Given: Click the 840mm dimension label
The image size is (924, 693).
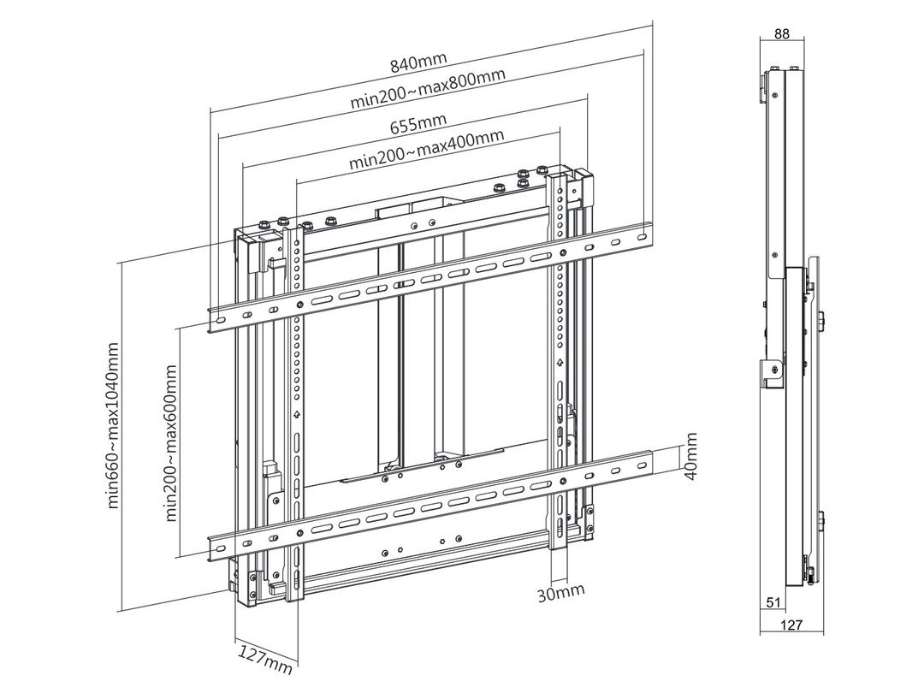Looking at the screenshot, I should coord(418,65).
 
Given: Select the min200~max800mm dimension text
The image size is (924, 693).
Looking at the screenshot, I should coord(428,89).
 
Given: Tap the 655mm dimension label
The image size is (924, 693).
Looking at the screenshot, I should coord(418,125).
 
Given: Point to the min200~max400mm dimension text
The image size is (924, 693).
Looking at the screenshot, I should coord(427,149).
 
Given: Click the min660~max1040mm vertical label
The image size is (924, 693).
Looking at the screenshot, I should coord(114,425).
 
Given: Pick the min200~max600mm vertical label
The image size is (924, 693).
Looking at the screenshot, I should coord(171,442).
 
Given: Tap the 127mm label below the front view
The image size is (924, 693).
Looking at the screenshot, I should coord(265,656).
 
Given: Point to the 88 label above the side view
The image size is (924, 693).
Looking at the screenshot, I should coord(781,34).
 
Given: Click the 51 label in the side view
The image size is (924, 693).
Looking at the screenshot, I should coord(773,602).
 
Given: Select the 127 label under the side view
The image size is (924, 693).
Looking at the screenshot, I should coord(791,625).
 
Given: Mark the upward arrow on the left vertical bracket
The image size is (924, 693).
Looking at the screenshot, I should coord(297,416).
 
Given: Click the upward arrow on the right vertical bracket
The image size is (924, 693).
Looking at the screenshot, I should coord(560,363).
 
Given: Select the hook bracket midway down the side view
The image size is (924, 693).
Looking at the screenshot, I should coord(772,373).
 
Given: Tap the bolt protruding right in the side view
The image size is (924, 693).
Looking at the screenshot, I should coord(821,321).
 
